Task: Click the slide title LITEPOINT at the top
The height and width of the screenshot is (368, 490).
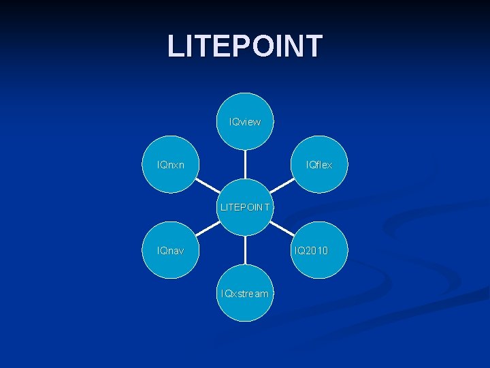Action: point(245,46)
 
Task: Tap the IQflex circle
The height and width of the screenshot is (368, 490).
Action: point(319,164)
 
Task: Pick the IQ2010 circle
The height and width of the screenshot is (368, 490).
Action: point(319,250)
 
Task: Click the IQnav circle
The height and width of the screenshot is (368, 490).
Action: point(170,250)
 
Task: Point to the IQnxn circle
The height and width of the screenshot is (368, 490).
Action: point(170,164)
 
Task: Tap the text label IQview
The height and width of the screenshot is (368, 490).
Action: point(245,122)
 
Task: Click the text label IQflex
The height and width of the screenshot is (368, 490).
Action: point(319,165)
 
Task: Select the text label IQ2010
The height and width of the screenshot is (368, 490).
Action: point(311,251)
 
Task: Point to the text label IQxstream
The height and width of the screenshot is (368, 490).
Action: point(245,294)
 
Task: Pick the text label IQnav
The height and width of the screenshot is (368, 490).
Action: point(170,251)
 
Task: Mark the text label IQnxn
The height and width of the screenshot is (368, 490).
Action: point(170,165)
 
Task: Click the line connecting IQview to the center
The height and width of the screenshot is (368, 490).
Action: point(245,166)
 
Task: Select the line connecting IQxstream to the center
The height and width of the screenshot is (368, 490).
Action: point(245,250)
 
